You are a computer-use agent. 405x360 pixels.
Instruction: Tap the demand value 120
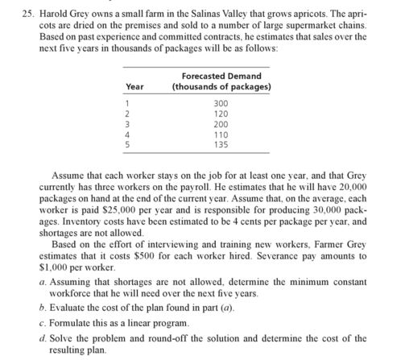pyautogui.click(x=221, y=114)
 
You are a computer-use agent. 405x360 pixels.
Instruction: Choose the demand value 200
pyautogui.click(x=221, y=125)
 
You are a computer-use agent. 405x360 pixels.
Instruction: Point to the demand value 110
pyautogui.click(x=221, y=135)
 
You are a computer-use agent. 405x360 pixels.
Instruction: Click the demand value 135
pyautogui.click(x=221, y=146)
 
